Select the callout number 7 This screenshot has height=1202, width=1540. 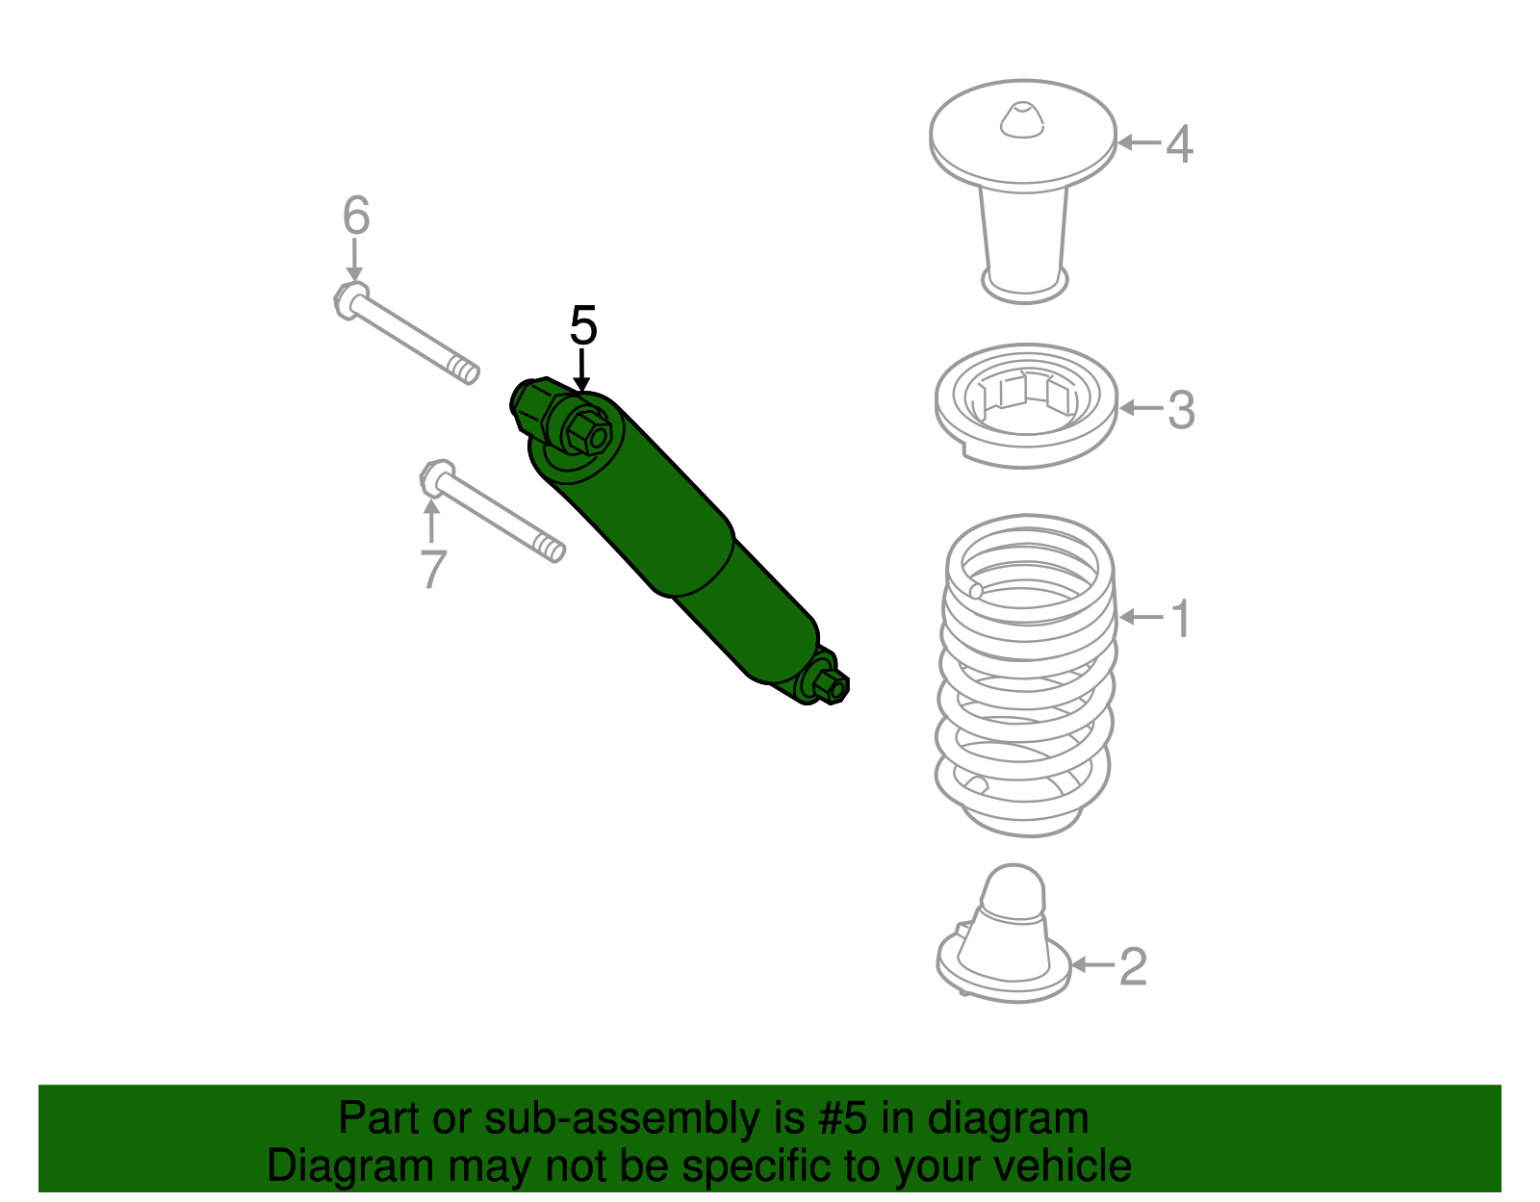click(x=433, y=570)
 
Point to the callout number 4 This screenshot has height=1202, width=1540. click(x=1179, y=144)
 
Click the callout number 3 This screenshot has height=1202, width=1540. click(x=1181, y=410)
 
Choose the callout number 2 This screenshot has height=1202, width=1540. click(x=1133, y=966)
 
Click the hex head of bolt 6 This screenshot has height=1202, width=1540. click(x=349, y=300)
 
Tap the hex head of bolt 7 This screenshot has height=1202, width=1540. click(x=436, y=477)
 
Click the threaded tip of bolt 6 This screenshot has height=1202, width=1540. click(x=467, y=370)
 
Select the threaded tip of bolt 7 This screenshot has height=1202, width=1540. click(x=552, y=550)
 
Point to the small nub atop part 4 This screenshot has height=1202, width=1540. click(x=1021, y=119)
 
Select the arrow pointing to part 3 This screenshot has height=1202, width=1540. click(x=1141, y=408)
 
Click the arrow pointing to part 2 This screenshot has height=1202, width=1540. click(x=1092, y=964)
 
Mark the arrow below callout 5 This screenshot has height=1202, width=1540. click(x=581, y=371)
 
